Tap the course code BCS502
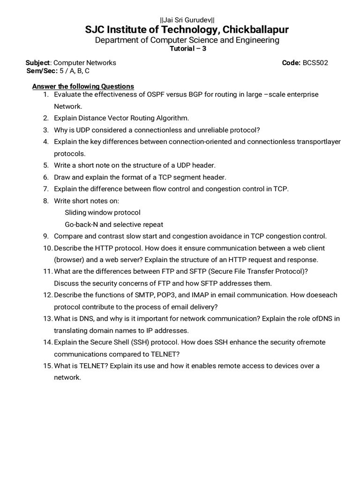click(315, 62)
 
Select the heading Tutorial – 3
click(187, 49)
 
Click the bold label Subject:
click(38, 62)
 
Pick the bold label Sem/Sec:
click(42, 71)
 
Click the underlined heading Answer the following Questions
click(82, 86)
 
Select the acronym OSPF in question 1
click(159, 94)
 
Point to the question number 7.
click(46, 189)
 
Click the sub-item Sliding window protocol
click(102, 212)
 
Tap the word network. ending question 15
click(67, 377)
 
